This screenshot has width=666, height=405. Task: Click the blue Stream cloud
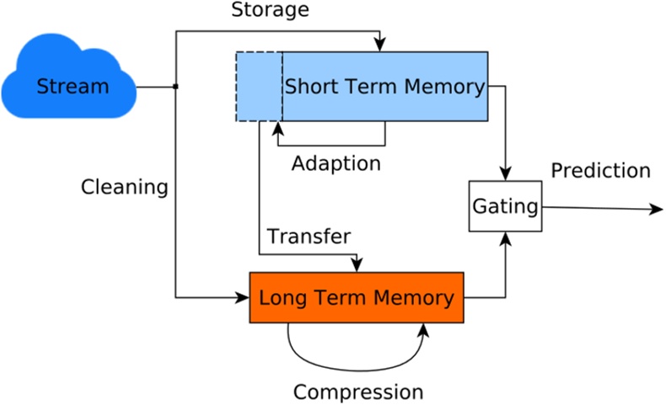tap(72, 85)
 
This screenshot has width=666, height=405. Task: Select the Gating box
tap(505, 205)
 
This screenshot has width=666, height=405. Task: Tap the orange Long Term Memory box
tap(356, 297)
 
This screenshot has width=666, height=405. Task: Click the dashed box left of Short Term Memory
tap(259, 86)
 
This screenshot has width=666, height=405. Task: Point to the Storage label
tap(270, 11)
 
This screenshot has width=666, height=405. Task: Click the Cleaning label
tap(124, 187)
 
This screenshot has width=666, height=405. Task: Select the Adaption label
tap(336, 162)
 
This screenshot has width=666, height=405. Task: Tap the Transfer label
tap(309, 237)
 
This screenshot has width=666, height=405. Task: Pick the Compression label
tap(357, 392)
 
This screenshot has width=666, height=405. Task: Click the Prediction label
tap(600, 171)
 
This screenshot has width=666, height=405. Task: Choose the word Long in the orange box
tap(280, 298)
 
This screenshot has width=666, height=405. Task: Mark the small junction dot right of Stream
tap(175, 86)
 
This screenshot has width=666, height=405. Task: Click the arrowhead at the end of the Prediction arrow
tap(657, 209)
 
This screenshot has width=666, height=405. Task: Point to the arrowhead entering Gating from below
tap(506, 239)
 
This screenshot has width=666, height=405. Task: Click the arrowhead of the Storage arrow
tap(382, 45)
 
